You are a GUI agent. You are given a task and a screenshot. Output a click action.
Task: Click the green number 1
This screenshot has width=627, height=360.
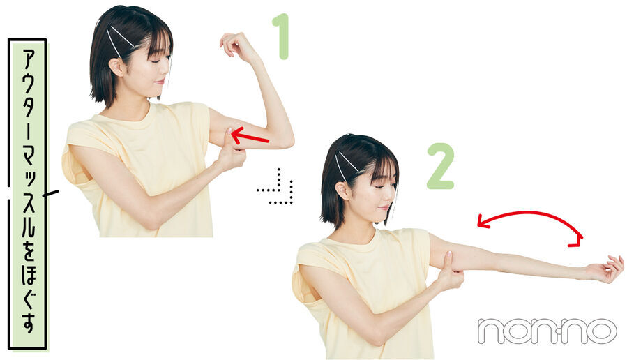[282, 36]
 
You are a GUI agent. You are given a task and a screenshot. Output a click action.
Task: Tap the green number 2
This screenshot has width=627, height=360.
[440, 166]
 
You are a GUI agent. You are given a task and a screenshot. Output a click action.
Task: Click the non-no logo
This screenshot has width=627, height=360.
[547, 331]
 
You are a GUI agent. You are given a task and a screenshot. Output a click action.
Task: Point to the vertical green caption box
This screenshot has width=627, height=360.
[27, 194]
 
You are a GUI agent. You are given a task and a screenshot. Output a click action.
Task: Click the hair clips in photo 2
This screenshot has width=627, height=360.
[349, 165]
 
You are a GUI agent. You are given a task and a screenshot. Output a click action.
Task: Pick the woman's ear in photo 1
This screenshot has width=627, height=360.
[116, 66]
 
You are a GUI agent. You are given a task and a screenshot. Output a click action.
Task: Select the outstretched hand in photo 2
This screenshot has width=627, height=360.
[606, 269]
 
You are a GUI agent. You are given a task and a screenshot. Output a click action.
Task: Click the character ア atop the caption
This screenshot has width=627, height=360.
[27, 60]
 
